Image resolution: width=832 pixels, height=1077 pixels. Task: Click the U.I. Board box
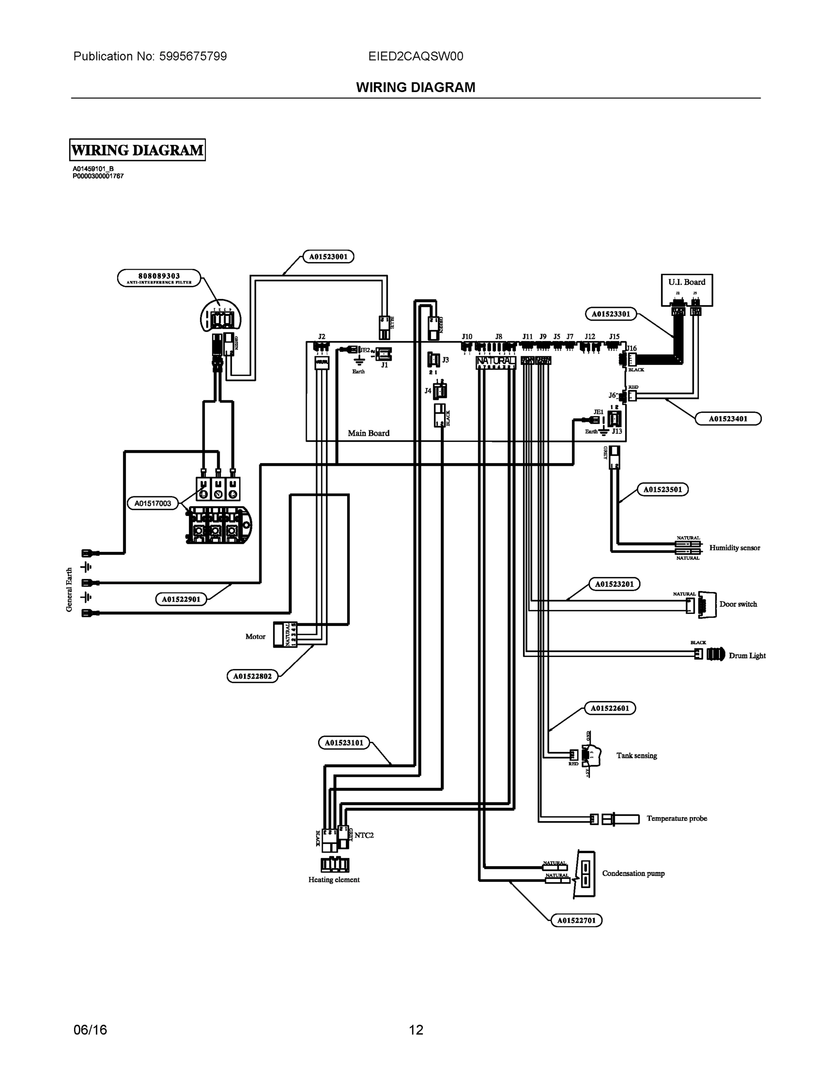687,289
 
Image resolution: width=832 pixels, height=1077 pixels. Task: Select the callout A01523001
328,256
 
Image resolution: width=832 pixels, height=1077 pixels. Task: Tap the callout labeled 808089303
159,278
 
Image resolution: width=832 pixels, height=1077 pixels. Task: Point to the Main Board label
368,433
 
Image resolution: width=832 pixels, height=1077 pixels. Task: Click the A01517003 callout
153,503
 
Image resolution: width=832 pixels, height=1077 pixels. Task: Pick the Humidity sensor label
734,547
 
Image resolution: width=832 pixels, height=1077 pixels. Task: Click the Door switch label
738,604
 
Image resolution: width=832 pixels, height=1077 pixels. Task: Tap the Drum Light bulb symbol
716,654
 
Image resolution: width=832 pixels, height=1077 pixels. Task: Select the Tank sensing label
636,756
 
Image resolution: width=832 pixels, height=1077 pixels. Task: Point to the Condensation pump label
633,873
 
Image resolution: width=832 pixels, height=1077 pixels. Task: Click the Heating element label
334,880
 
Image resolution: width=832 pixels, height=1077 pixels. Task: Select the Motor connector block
285,635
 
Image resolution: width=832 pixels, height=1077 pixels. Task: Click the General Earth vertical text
69,590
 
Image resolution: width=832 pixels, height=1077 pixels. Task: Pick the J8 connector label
498,337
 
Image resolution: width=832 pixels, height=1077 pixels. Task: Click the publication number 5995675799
193,56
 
